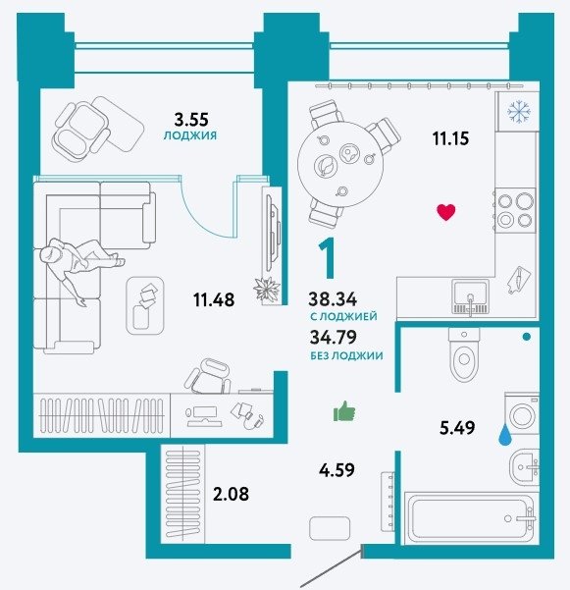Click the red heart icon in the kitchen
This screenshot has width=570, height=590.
point(446,212)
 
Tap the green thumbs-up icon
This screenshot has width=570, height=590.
point(344,410)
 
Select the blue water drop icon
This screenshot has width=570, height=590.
point(504,435)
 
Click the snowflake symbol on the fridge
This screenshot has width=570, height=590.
point(518,111)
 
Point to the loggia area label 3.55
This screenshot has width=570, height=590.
point(191,120)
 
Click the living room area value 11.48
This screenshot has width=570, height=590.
point(214,300)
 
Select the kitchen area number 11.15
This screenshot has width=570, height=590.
point(450,138)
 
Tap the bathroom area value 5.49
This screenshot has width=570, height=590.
point(457,428)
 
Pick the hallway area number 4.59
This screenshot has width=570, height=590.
point(337,470)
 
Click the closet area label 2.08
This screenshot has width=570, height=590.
point(231,494)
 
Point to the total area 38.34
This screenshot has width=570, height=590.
point(333,299)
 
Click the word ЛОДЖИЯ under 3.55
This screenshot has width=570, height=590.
point(190,135)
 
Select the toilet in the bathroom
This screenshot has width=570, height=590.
point(464,353)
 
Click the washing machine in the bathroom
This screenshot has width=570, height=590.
point(522,413)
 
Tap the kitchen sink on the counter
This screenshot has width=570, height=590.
point(470,296)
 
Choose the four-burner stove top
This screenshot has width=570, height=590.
point(515,210)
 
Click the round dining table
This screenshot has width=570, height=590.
point(340,164)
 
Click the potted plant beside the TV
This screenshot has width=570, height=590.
point(267,290)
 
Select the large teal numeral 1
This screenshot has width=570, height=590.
point(328,258)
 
